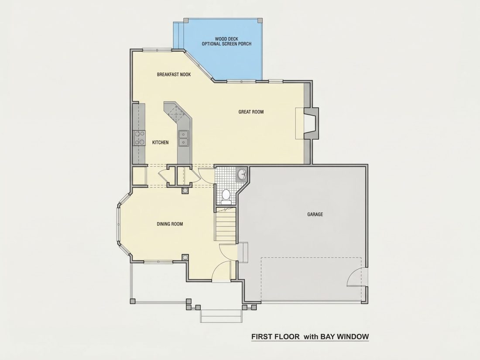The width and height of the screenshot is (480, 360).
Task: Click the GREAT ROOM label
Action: (x=251, y=112)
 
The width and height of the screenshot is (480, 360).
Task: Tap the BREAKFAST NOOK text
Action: (x=174, y=74)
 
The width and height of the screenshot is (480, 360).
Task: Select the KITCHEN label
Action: (x=161, y=142)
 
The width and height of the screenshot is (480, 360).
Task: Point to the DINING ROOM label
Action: (x=170, y=224)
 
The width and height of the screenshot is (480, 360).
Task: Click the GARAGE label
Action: (x=315, y=214)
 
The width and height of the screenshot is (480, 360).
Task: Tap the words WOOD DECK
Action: (x=226, y=39)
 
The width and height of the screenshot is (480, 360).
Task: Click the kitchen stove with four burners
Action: (x=139, y=138)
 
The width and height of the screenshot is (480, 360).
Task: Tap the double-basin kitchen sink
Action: (x=184, y=138)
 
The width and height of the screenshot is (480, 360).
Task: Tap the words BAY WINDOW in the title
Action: (x=344, y=337)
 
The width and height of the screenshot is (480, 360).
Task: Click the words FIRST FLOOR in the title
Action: (x=275, y=337)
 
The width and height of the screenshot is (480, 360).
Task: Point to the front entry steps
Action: (x=221, y=316)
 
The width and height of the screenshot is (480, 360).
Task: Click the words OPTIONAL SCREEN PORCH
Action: (x=226, y=44)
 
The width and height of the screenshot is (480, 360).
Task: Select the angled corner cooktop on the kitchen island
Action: (x=177, y=113)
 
